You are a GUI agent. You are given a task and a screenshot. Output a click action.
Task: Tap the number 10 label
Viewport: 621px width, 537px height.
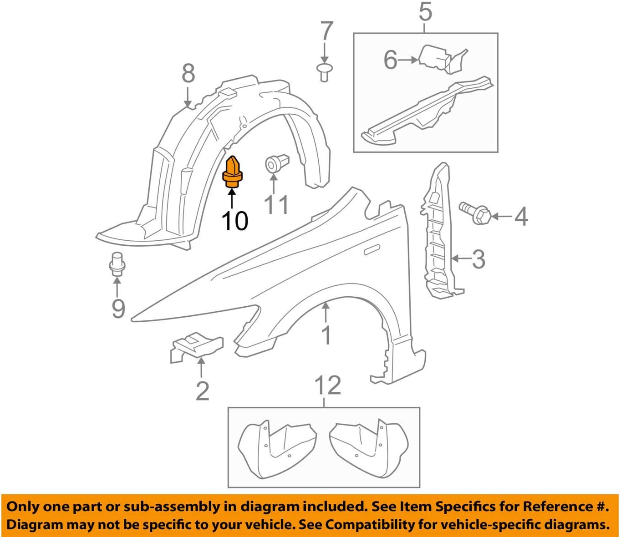(234, 221)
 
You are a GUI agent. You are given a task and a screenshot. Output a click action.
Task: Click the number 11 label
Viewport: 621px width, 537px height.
(276, 205)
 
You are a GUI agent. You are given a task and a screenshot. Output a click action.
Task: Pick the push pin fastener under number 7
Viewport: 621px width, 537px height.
(324, 72)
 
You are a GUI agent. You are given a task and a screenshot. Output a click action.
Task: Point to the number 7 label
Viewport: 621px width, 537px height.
(326, 32)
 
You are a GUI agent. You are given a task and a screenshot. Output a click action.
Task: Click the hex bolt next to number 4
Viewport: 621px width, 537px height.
(475, 213)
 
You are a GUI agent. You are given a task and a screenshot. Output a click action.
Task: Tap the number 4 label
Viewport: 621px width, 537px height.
(521, 217)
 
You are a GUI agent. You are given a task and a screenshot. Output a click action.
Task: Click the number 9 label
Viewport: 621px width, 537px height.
(118, 309)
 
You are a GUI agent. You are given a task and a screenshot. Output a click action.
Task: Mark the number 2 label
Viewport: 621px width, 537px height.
(202, 391)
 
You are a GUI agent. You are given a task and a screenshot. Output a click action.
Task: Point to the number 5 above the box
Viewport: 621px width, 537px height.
(425, 12)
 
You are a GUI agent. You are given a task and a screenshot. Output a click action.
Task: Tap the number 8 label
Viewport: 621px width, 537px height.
(188, 73)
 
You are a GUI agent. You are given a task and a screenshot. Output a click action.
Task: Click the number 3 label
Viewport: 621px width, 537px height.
(478, 259)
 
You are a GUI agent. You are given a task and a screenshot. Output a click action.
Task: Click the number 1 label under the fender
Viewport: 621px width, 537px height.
(326, 335)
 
